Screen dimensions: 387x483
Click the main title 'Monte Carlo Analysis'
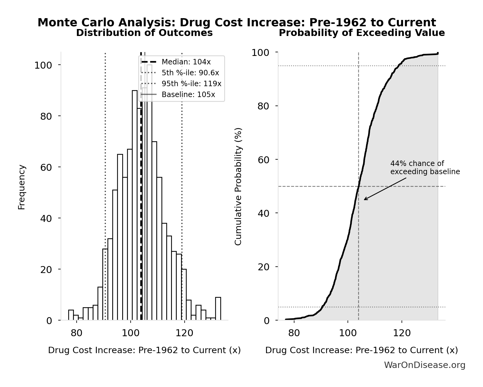237,23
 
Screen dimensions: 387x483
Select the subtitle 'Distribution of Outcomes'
144,33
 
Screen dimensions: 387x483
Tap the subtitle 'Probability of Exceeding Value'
361,33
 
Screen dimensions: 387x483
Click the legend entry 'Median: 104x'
186,62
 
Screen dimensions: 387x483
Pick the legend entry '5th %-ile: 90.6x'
190,73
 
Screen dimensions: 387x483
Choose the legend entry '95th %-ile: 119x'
191,84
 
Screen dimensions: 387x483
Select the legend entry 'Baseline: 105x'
188,95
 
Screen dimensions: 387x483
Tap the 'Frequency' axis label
22,187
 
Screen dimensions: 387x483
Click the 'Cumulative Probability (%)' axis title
238,187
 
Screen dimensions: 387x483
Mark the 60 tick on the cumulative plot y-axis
263,160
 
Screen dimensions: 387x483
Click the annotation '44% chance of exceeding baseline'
425,168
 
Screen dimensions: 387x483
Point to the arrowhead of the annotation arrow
364,200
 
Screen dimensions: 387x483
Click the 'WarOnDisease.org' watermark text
424,365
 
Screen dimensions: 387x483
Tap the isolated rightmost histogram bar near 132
218,308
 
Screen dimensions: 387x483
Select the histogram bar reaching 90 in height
135,205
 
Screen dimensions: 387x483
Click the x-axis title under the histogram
144,350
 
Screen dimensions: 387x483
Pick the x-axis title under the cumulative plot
361,350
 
